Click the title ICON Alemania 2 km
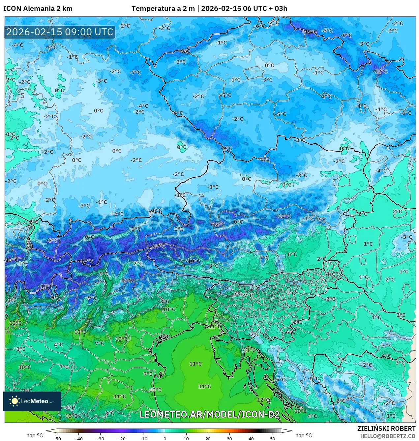[x=38, y=9]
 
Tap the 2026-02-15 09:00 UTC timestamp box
[x=60, y=32]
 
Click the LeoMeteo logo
[x=32, y=401]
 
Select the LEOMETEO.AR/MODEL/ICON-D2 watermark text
[x=210, y=414]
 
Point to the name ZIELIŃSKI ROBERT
[x=386, y=428]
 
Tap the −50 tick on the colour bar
[x=57, y=438]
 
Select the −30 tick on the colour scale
[x=100, y=438]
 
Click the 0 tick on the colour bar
[x=165, y=438]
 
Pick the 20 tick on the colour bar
[x=208, y=438]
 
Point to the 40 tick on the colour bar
[x=251, y=438]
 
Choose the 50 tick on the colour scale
[x=273, y=438]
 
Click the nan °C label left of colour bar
[x=35, y=435]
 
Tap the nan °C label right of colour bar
[x=304, y=435]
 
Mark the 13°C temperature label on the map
[x=80, y=332]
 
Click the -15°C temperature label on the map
[x=45, y=286]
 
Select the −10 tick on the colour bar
[x=143, y=438]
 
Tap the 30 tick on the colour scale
[x=229, y=438]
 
